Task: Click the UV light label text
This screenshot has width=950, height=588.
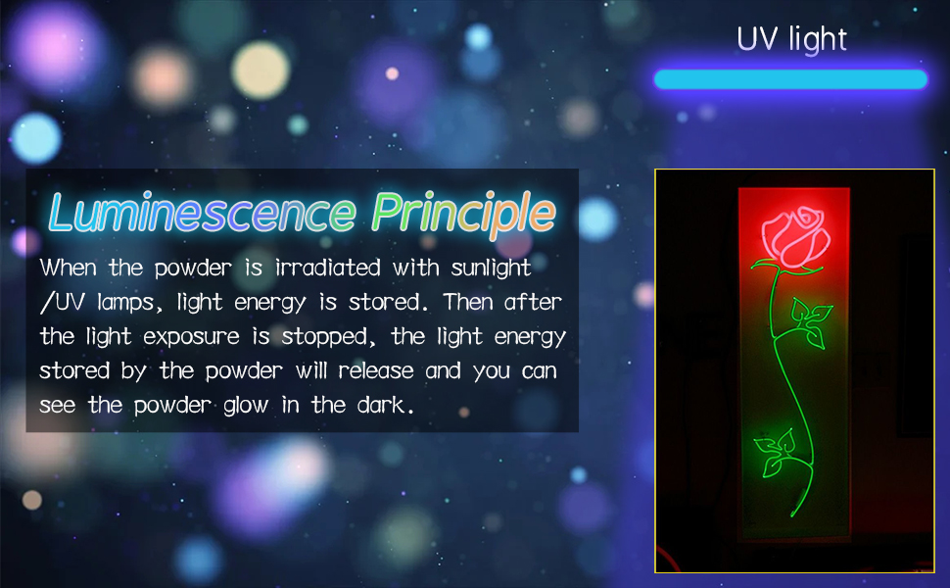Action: click(x=791, y=39)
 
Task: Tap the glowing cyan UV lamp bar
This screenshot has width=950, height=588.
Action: click(x=790, y=79)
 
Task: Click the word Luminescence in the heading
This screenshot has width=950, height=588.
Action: click(x=203, y=213)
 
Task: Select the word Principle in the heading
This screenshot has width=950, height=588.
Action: click(x=463, y=214)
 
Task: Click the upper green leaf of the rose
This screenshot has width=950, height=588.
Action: click(x=812, y=322)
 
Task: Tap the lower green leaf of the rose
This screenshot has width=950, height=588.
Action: click(x=776, y=452)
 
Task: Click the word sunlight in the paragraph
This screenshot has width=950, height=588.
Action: click(x=491, y=268)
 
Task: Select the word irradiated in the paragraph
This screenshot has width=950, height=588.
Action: click(x=328, y=268)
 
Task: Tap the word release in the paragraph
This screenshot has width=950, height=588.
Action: click(x=376, y=370)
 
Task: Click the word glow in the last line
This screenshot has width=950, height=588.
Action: click(x=246, y=405)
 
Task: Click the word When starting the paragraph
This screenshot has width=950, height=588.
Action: click(x=68, y=268)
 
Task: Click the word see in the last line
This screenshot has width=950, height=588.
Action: click(x=58, y=406)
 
